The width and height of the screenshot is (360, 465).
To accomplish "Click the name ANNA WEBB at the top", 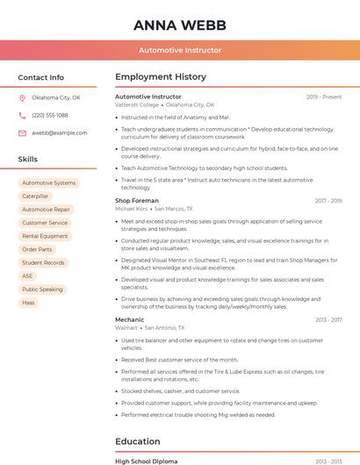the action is coord(180,25).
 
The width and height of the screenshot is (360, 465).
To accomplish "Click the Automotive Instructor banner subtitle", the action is coord(180,50).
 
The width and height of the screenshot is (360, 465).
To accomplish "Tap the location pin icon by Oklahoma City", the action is coord(22,98).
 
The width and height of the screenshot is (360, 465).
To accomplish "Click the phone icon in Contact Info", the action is coord(22,116).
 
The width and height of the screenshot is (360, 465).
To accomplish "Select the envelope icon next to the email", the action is coord(22,133).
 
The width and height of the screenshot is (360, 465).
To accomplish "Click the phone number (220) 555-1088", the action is coord(50,116).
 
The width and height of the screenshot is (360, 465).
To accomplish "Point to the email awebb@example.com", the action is coord(60,133).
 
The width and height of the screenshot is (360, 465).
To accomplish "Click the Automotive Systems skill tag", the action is coord(48,183).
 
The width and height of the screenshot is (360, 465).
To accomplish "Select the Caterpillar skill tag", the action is coord(35,197).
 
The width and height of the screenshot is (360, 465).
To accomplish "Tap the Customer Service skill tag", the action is coord(45,223).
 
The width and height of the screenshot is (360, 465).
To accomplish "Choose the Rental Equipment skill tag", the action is coord(45,236).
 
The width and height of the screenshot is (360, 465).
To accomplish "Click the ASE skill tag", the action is coord(27,275).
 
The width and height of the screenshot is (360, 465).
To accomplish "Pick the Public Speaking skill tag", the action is coord(42,289).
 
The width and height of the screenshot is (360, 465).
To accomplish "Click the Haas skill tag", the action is coord(28,302).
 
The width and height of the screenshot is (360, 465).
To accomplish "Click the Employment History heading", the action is coord(161,77).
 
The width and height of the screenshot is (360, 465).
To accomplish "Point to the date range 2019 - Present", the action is coord(324,97).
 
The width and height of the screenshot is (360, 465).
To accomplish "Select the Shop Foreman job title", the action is coord(136,201).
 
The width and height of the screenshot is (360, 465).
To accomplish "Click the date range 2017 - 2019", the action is coord(328,201).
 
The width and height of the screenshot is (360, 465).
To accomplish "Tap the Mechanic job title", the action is coord(129,320).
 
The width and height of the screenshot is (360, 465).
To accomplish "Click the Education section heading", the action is coord(138,441).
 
